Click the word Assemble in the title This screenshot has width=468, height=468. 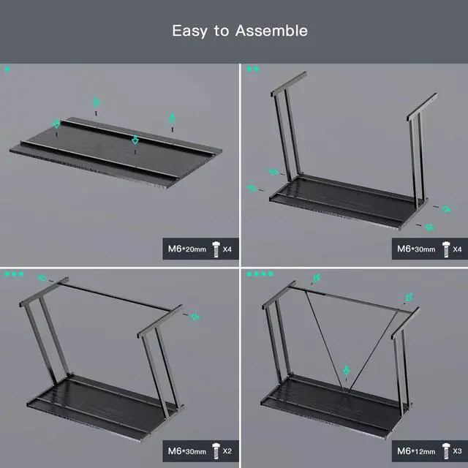coord(271,31)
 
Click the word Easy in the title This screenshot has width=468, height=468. coord(189,31)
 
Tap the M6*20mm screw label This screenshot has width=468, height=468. coord(187,249)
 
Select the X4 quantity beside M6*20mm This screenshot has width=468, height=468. coord(227,249)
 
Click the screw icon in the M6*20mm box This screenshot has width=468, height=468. coord(216,249)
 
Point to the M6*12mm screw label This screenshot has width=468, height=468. coord(416,451)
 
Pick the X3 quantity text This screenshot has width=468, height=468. coord(457,451)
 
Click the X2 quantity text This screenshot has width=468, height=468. coord(227,450)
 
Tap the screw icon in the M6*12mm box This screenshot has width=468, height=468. coord(446,451)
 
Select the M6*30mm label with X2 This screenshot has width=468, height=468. coord(187,451)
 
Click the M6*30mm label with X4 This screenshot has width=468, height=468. coord(416,249)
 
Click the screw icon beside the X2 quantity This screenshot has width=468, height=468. coord(216,451)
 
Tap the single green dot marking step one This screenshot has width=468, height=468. coord(7,69)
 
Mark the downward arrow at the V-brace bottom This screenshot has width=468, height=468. coord(346,371)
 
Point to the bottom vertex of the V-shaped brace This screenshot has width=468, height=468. coord(346,392)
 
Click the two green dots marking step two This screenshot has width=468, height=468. coord(253,69)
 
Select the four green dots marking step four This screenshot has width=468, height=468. coord(260,274)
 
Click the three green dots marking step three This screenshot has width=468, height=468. coord(14,273)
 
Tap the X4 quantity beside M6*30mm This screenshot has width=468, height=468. coord(457,249)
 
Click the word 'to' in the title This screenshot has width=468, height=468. coord(221,31)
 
